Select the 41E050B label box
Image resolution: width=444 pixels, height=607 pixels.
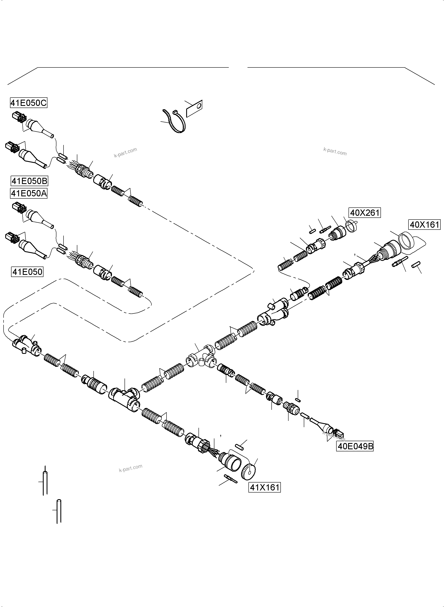29,181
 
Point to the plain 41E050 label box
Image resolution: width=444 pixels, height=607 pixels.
27,272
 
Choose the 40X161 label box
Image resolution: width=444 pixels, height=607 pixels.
424,224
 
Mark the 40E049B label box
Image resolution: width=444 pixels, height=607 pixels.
355,447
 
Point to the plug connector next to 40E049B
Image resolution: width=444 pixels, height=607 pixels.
338,434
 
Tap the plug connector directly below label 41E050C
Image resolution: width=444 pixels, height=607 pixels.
19,117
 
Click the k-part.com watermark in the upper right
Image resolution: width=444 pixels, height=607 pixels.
335,152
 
